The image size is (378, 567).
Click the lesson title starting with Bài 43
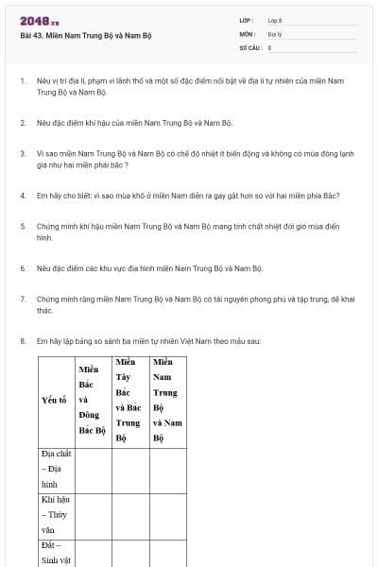pyautogui.click(x=86, y=36)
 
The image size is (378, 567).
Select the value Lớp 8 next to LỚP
pyautogui.click(x=275, y=20)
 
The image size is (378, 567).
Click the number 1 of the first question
pyautogui.click(x=22, y=81)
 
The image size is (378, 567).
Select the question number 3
pyautogui.click(x=22, y=151)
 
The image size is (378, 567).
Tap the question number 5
pyautogui.click(x=22, y=227)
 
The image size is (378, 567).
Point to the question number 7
pyautogui.click(x=22, y=299)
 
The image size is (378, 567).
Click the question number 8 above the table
pyautogui.click(x=22, y=340)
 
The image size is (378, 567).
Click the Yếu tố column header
pyautogui.click(x=54, y=400)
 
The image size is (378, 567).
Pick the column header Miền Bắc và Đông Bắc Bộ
pyautogui.click(x=92, y=399)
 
